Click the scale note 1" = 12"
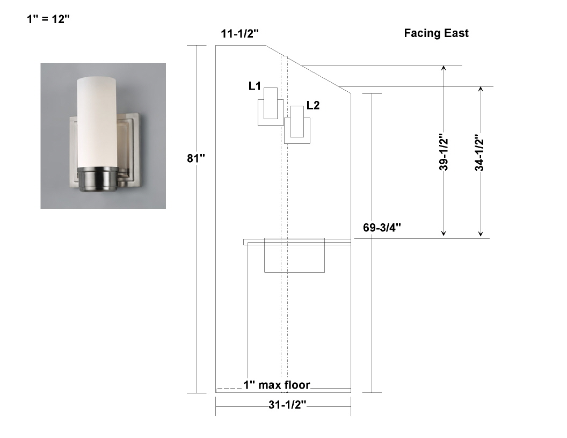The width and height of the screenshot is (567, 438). coord(48,19)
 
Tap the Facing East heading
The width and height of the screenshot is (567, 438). coord(436,33)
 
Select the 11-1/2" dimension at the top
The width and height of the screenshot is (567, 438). coord(240,34)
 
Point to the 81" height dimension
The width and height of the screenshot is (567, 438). coord(196,158)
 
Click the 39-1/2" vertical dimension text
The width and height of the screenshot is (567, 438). coord(444,154)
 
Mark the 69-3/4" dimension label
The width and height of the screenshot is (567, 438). coord(382,228)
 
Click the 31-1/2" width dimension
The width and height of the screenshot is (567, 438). coord(287,405)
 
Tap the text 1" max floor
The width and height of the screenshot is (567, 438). coord(277,385)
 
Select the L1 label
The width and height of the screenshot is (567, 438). coord(255,86)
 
